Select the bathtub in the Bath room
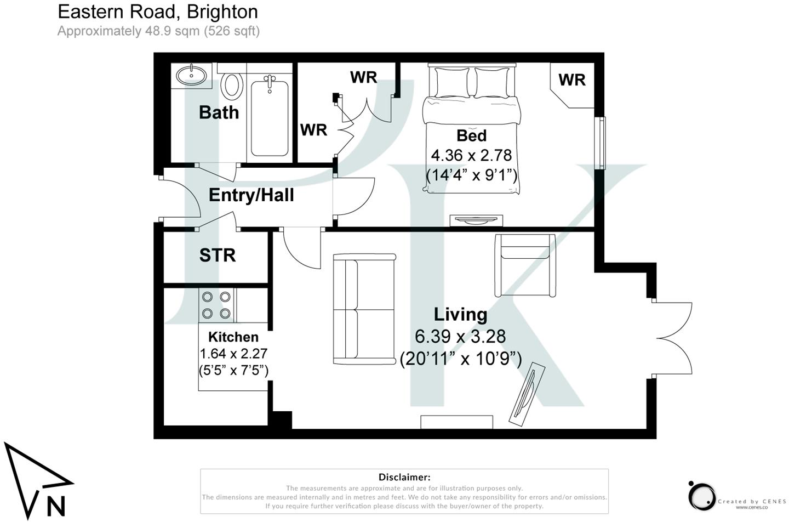(270, 117)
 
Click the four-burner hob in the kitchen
(216, 305)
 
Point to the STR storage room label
(218, 256)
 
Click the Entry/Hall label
(251, 195)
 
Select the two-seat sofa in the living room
(364, 309)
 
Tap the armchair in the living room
(524, 265)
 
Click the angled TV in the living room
(527, 395)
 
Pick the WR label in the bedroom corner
(572, 80)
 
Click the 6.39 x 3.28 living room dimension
(460, 336)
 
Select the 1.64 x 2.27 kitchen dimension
(233, 354)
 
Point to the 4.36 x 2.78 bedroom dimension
(471, 155)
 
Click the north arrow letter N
(56, 506)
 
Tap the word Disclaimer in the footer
(404, 477)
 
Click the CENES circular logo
(702, 496)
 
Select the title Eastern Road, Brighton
(158, 12)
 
